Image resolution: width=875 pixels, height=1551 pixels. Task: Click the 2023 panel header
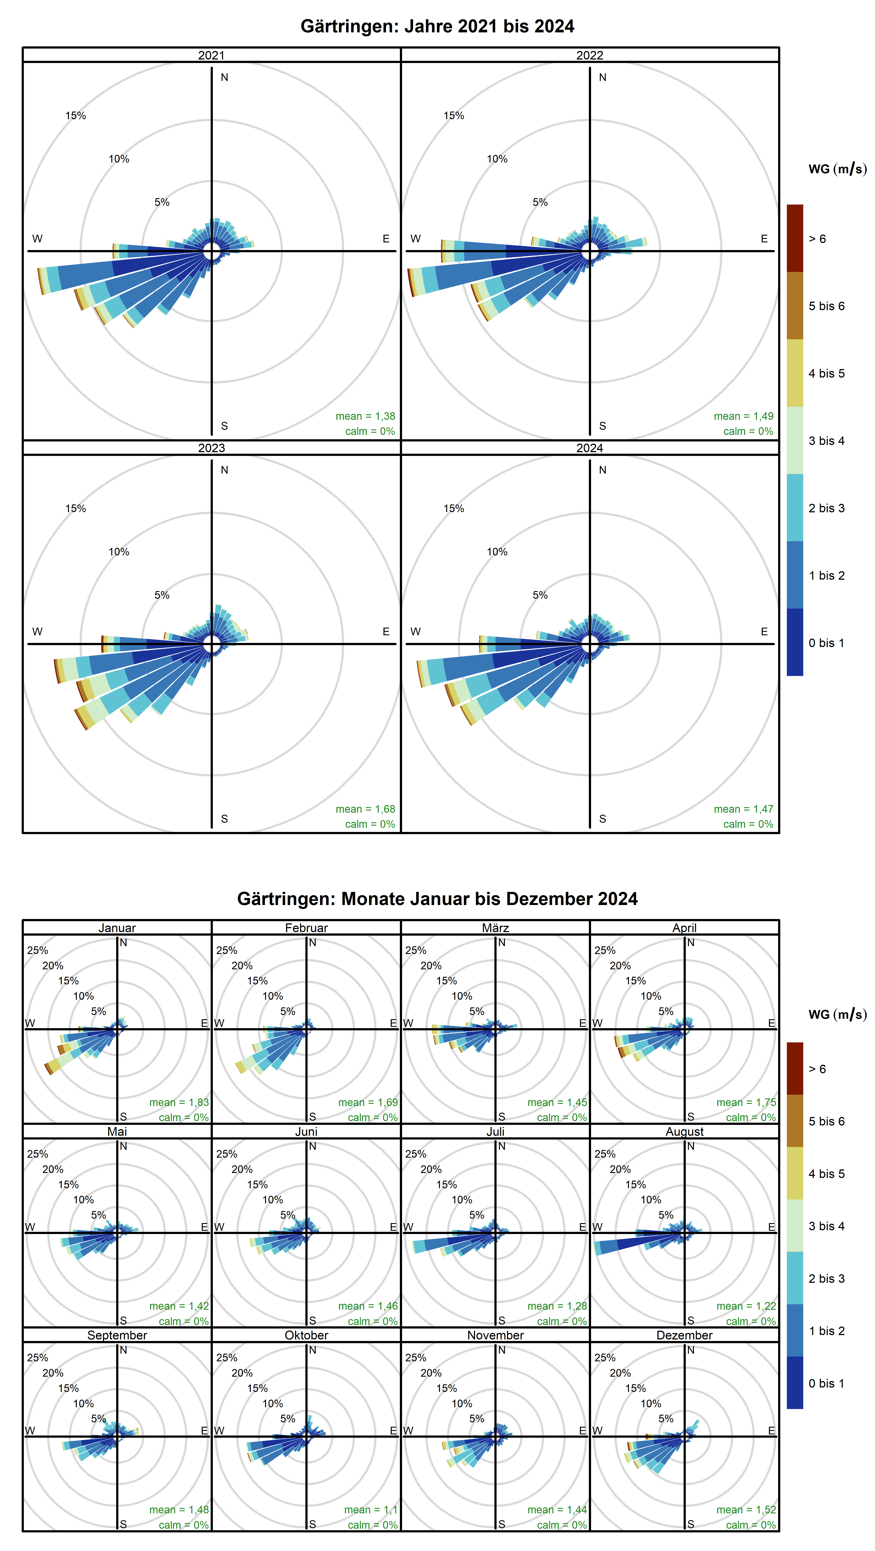(211, 448)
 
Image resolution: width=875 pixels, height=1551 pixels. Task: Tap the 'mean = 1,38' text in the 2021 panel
(365, 416)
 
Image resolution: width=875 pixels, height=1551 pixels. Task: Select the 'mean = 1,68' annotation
(365, 809)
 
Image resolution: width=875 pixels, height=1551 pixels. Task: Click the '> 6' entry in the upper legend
(817, 239)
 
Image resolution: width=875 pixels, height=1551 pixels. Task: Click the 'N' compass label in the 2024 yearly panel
(602, 470)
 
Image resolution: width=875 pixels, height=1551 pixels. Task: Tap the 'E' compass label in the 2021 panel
(386, 239)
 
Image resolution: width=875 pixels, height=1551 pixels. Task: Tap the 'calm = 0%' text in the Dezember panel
(750, 1525)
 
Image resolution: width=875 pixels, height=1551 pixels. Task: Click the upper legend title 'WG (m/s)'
(837, 169)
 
